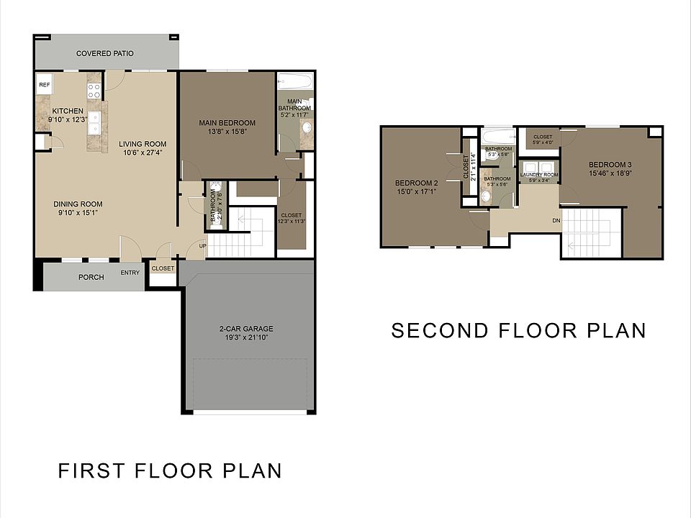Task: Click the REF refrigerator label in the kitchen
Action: [44, 85]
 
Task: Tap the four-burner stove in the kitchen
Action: [94, 91]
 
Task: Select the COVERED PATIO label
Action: [105, 54]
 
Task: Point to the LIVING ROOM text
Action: [143, 144]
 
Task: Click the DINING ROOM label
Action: [78, 204]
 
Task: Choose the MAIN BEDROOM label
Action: [227, 123]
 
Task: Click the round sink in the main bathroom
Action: [306, 129]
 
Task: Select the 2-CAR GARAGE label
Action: [246, 330]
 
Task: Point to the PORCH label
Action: [91, 278]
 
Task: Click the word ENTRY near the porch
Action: [130, 273]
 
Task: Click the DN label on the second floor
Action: [556, 221]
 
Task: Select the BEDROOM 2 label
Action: [417, 182]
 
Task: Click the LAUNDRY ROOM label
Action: [538, 175]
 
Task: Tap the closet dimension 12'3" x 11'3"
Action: [292, 222]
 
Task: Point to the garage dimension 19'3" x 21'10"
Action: [246, 338]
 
